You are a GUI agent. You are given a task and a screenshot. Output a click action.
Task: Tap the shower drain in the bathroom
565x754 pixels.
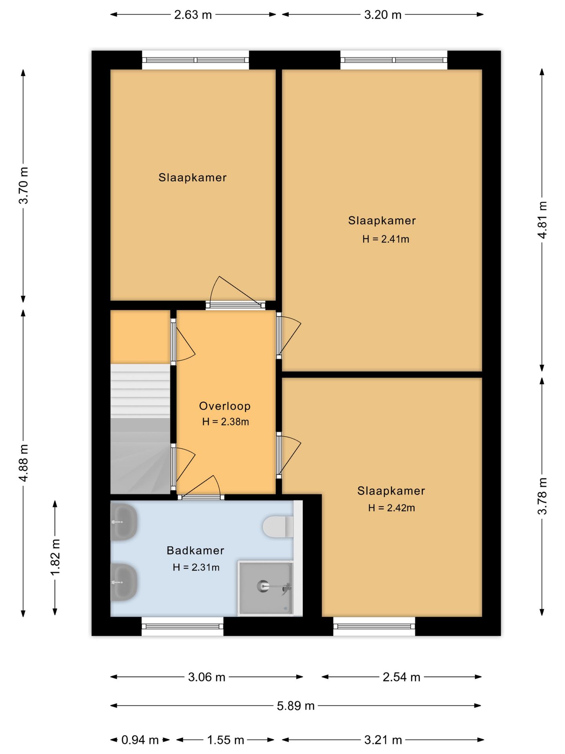(262, 586)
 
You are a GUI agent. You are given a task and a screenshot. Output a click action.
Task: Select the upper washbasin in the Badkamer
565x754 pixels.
(124, 522)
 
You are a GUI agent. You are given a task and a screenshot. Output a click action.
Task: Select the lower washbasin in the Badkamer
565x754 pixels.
(124, 582)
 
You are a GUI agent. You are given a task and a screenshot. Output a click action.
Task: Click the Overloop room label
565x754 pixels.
(224, 406)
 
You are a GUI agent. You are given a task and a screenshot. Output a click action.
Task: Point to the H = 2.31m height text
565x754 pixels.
(196, 567)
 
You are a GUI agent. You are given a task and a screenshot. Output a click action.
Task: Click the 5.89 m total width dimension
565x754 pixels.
(295, 706)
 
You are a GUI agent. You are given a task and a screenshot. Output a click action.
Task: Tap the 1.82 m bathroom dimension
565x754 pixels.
(55, 557)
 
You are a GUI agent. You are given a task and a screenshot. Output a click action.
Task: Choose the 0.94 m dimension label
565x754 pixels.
(140, 740)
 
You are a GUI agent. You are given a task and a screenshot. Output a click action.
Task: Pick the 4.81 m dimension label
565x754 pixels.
(542, 220)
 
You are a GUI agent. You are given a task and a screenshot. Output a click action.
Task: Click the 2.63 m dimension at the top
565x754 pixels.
(193, 15)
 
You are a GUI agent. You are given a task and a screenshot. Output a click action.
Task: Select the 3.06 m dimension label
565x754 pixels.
(206, 677)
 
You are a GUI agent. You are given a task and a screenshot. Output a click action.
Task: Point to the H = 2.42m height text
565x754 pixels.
(391, 508)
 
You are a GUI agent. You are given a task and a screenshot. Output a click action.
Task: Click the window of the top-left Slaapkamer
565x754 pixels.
(195, 60)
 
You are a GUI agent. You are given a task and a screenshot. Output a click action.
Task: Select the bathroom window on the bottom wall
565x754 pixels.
(182, 626)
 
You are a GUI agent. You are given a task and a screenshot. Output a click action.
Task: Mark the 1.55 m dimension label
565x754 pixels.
(225, 740)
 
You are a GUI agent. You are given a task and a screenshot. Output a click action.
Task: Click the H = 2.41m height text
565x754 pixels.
(385, 239)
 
